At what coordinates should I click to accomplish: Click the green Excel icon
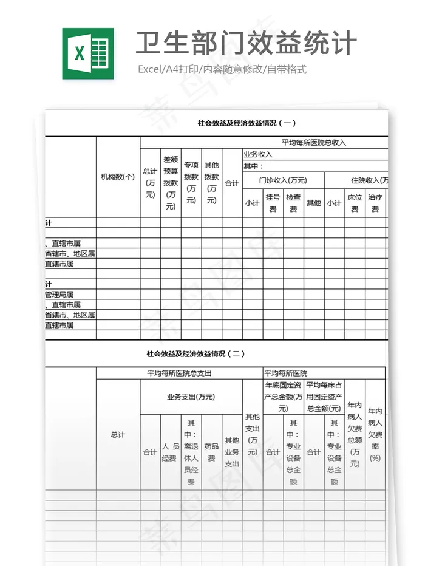tap(87, 53)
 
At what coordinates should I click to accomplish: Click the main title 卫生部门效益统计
tap(246, 44)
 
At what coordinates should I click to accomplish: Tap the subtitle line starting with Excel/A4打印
tap(222, 69)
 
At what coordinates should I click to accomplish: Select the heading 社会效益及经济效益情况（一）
tap(246, 123)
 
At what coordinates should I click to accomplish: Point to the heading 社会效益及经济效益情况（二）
tap(195, 353)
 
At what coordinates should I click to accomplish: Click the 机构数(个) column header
tap(118, 177)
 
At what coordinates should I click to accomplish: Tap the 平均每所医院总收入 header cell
tap(313, 143)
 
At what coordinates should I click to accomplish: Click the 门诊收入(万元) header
tap(282, 180)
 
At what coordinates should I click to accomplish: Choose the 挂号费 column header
tap(273, 203)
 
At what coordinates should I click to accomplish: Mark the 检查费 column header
tap(293, 203)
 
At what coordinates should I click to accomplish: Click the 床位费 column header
tap(355, 203)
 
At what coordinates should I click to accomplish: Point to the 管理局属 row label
tap(59, 295)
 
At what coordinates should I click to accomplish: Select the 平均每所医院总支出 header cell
tap(179, 373)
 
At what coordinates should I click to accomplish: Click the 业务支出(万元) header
tap(191, 397)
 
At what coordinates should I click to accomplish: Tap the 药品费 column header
tap(211, 452)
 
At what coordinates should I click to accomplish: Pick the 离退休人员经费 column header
tap(191, 452)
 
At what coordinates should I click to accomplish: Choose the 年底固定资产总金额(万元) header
tap(283, 397)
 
